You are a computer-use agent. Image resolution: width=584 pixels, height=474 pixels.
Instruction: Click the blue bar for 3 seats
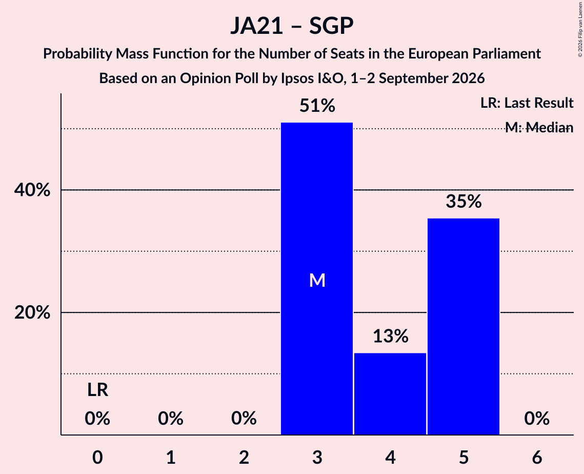coord(317,279)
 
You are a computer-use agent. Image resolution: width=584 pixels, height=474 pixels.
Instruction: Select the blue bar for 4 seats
coord(390,394)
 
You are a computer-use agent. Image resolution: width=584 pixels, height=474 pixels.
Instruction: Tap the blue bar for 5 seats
coord(464,326)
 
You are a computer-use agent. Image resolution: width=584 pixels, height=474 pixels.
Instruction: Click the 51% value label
coord(317,106)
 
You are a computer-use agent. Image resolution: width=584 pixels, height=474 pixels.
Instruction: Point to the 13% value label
coord(390,336)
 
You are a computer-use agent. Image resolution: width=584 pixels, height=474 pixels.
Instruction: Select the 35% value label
coord(464,202)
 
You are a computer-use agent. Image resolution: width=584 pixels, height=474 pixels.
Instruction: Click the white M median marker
coord(317,280)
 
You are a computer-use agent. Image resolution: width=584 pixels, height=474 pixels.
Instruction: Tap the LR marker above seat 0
coord(97,390)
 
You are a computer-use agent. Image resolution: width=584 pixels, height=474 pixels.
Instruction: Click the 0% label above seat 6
coord(537,419)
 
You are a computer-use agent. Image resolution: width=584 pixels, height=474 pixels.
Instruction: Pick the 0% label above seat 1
coord(171,419)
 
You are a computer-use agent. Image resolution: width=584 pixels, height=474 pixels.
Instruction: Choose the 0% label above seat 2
coord(244,419)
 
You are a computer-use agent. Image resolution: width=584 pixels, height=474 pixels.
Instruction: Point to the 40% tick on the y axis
coord(32,190)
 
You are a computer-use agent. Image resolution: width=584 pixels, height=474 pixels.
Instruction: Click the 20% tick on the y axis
coord(32,312)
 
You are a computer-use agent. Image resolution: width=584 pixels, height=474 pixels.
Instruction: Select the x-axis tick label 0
coord(97,457)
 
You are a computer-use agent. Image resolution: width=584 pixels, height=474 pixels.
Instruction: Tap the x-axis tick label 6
coord(537,457)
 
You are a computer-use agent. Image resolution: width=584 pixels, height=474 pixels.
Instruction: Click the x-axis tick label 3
coord(317,457)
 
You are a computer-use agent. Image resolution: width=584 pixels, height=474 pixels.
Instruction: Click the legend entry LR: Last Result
coord(527,103)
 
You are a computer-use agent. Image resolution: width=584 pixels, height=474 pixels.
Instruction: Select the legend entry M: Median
coord(539,128)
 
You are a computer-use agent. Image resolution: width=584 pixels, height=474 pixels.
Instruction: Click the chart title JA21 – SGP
coord(292,26)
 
